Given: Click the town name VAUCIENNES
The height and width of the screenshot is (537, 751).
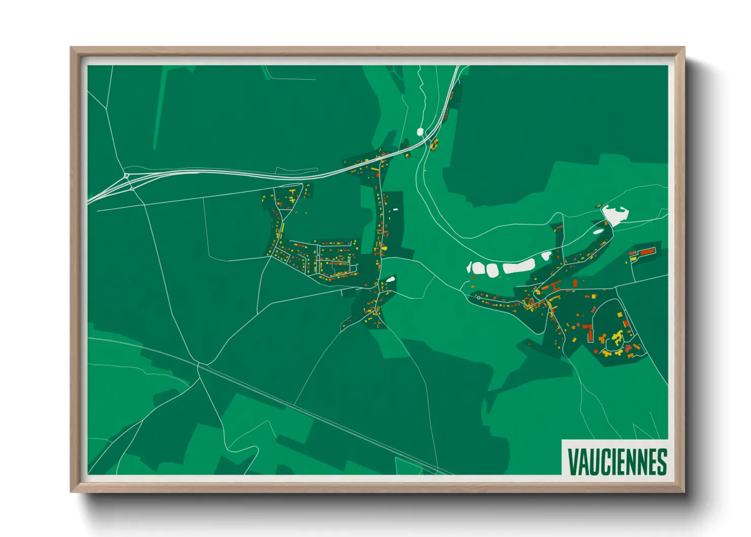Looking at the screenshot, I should point(617,461).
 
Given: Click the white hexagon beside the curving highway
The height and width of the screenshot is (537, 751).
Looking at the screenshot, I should point(420,132).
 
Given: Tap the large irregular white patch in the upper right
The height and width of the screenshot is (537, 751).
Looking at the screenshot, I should point(615,215).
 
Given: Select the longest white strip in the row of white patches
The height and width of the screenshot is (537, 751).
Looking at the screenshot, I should point(519,266).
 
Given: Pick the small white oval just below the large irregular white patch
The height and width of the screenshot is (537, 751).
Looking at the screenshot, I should point(599,232).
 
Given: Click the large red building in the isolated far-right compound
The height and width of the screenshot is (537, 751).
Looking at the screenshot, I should point(646,252).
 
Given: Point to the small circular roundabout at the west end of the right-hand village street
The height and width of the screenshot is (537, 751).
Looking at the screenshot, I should point(479,298).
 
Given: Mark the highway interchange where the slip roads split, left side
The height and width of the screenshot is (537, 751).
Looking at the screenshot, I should point(126,176).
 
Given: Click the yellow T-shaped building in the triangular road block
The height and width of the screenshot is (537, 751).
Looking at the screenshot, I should point(292,199).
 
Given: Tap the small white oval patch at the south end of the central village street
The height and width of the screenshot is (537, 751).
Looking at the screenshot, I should point(390,278).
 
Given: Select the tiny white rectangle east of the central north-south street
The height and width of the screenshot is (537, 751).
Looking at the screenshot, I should point(395,209).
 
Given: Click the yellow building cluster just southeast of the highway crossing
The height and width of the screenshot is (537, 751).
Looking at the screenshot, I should point(434,145).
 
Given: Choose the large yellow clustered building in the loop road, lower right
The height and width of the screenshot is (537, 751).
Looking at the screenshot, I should point(617,337).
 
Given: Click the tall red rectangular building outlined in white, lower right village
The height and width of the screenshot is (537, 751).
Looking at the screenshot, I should point(590,334).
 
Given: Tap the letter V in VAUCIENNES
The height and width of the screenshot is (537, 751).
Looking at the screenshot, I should point(572,461).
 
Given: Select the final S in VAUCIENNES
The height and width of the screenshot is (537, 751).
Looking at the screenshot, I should point(661,461).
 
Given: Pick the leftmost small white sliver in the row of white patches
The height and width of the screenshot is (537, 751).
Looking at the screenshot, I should point(469,267).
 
